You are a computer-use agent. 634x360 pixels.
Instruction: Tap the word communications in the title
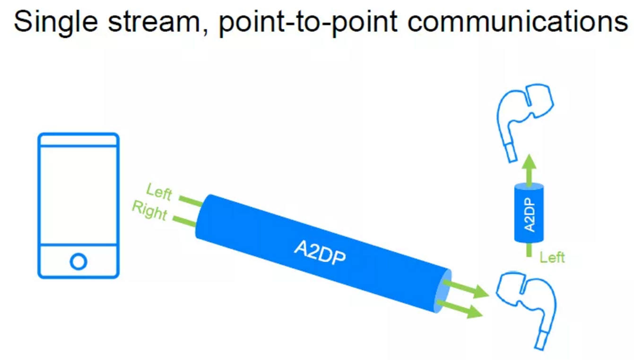pos(517,21)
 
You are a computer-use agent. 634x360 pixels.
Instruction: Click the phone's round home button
pos(78,261)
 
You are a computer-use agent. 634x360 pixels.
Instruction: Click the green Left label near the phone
pos(159,192)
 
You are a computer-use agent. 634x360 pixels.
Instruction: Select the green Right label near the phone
pos(149,211)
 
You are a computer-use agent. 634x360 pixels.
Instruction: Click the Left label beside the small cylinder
pos(552,258)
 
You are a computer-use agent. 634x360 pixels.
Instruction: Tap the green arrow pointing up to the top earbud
pos(530,168)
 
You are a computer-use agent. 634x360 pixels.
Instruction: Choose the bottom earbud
pos(527,303)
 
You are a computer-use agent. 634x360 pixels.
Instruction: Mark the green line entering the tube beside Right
pos(185,220)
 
